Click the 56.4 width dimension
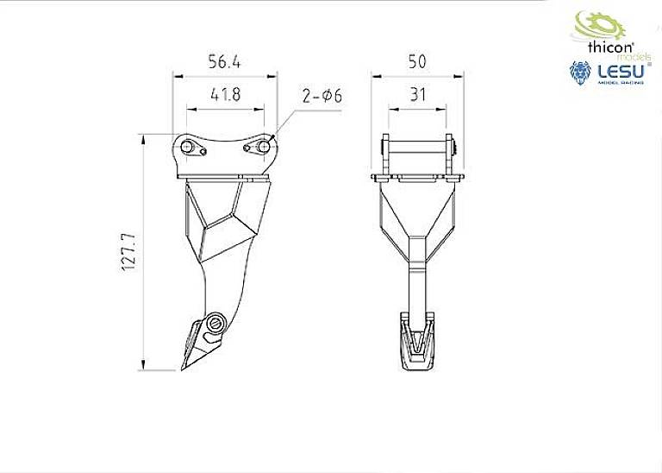point(225,62)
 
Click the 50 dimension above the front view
point(417,62)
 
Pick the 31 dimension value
point(418,95)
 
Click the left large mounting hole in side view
point(187,147)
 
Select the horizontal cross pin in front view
point(418,146)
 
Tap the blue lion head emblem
point(580,74)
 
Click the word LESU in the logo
point(618,71)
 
